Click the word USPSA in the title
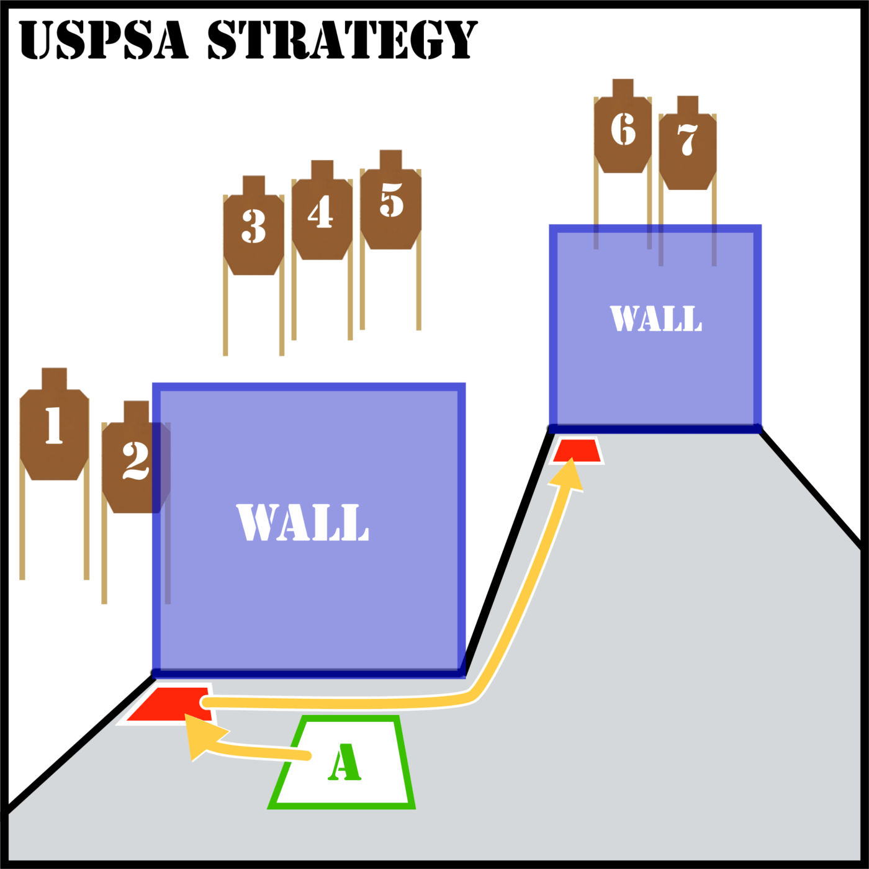tap(103, 40)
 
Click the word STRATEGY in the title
tap(342, 40)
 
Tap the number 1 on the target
tap(54, 425)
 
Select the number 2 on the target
tap(135, 461)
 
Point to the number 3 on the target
tap(253, 226)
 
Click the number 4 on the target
tap(321, 211)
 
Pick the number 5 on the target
tap(391, 200)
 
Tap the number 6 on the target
tap(623, 129)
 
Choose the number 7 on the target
tap(688, 139)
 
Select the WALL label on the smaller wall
tap(655, 318)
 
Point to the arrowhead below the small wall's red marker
tap(568, 474)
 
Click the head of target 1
tap(54, 379)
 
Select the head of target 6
tap(623, 88)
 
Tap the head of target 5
tap(390, 160)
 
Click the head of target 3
tap(254, 186)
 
